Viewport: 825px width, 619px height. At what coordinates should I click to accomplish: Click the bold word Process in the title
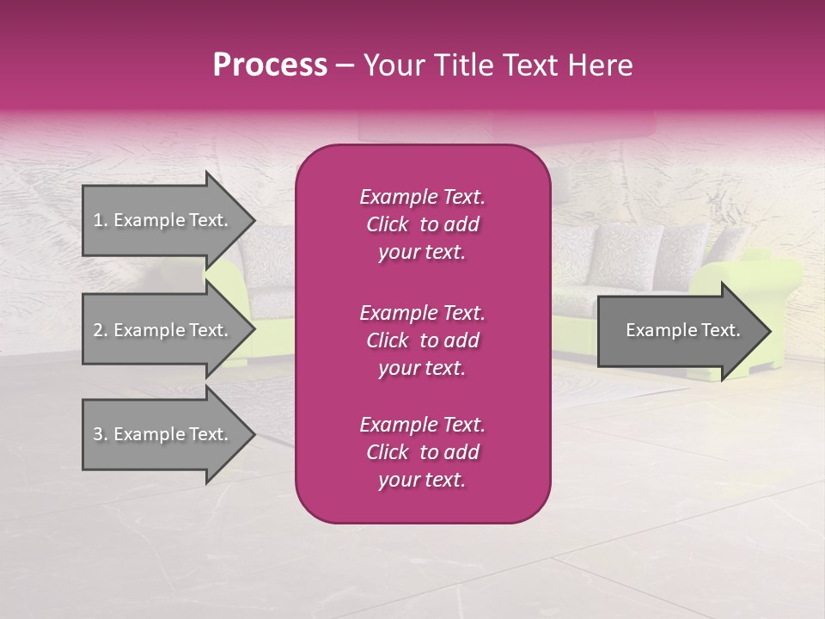pos(270,65)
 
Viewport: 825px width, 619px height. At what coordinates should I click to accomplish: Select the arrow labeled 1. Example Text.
pos(163,220)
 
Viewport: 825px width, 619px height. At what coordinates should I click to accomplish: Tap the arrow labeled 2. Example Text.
pos(163,330)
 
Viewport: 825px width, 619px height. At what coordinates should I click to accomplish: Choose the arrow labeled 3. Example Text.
pos(163,434)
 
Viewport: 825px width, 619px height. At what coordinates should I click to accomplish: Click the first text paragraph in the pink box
pos(422,224)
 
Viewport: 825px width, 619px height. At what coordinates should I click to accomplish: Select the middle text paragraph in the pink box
pos(422,340)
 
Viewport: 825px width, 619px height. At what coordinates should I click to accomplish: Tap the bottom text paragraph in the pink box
pos(422,452)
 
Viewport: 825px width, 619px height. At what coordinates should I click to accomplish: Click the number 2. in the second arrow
pos(101,330)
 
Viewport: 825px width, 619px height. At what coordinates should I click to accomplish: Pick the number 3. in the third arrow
pos(101,434)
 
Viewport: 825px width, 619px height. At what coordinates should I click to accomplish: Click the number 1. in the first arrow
pos(101,220)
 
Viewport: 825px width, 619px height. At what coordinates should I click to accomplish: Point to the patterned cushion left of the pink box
pos(268,258)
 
